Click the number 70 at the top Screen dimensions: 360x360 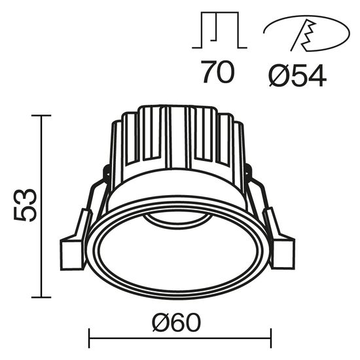[217, 72]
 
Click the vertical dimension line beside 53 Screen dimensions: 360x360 [42, 206]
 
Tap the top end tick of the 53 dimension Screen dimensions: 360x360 [42, 116]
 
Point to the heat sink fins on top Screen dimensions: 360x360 [177, 134]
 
